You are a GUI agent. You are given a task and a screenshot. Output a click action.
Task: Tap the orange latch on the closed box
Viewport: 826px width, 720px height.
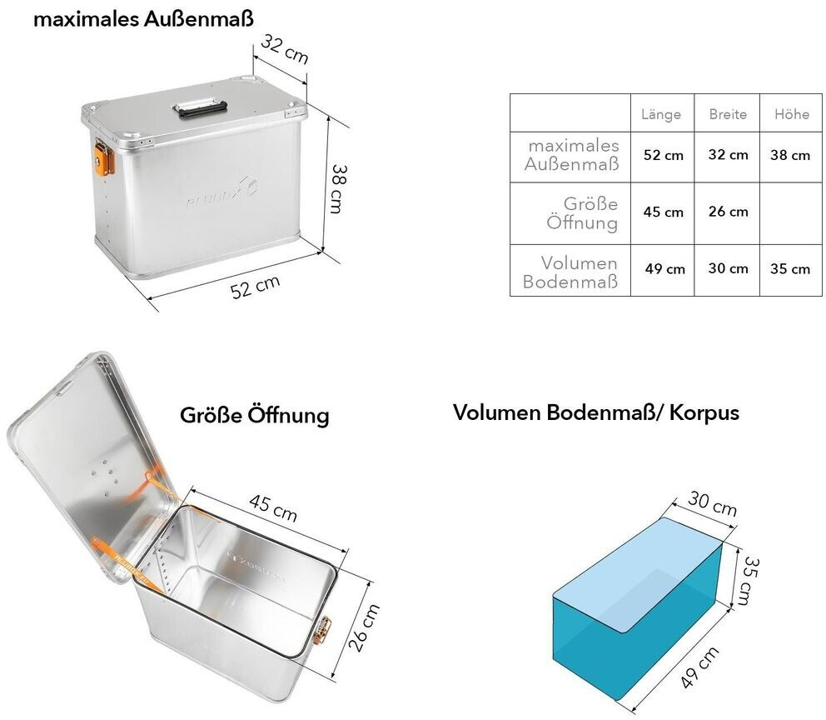104,156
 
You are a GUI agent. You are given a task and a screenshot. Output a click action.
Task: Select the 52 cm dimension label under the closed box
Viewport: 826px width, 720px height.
256,287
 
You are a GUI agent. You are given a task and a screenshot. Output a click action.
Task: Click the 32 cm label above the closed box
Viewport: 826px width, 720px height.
284,49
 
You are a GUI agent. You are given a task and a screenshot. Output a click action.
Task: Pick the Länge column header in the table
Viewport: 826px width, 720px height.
661,114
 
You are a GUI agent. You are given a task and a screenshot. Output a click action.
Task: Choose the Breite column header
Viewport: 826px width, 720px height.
728,114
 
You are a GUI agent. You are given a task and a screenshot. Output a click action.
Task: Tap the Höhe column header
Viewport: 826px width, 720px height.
791,114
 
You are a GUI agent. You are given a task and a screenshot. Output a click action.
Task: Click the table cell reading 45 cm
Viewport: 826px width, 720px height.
664,212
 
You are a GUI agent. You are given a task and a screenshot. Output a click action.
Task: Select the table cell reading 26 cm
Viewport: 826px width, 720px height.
728,212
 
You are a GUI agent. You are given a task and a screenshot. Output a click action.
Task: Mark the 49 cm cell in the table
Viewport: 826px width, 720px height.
664,269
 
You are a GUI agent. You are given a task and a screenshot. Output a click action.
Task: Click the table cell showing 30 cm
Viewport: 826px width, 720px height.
728,268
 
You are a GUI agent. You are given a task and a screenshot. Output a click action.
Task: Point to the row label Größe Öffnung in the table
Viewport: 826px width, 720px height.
582,213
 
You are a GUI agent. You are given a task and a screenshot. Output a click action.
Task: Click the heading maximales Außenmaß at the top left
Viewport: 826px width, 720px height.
143,19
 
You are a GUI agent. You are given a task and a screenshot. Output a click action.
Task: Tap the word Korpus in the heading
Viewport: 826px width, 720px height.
704,412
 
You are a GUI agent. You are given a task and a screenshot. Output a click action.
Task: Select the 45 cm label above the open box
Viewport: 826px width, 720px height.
273,507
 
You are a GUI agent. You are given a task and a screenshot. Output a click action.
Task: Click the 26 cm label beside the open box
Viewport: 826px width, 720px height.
364,627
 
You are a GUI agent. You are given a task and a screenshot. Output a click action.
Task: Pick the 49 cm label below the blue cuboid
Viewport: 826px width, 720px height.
699,667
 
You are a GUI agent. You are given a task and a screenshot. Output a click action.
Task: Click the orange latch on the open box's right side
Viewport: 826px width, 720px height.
322,630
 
